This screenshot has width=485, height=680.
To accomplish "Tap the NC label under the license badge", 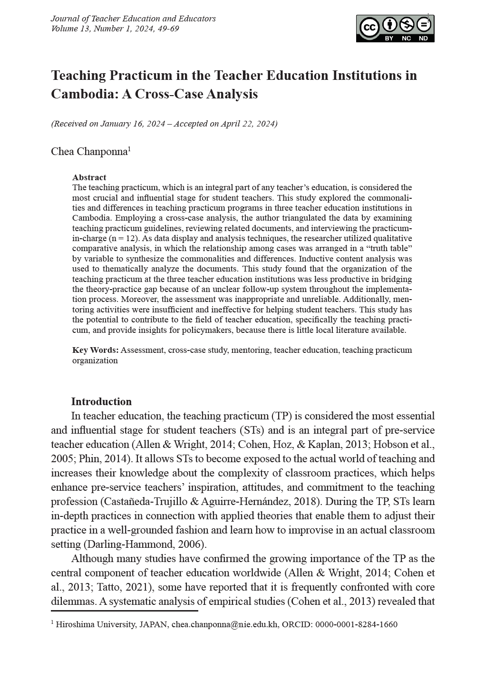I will (406, 39).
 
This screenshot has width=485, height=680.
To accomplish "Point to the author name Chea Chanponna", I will (89, 152).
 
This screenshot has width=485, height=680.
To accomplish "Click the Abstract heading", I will (89, 177).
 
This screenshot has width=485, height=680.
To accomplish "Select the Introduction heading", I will (101, 401).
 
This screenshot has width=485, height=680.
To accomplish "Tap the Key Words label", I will (95, 350).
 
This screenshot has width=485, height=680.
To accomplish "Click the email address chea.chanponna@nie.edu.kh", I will (224, 624).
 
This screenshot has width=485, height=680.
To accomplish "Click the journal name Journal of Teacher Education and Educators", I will (133, 19).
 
